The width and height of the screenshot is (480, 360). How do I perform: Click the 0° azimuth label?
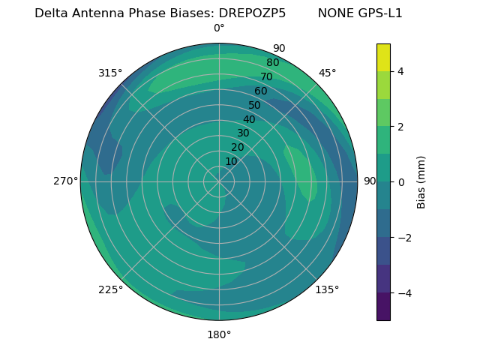219,28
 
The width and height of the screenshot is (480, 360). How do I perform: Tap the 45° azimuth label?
327,73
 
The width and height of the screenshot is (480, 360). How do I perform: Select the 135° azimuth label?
327,289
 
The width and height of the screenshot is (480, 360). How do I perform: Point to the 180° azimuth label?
219,334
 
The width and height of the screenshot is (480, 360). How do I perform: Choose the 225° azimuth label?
110,289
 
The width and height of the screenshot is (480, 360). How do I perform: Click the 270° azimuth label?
65,181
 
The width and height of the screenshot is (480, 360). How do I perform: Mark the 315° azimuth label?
110,73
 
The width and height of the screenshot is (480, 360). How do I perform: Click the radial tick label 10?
231,161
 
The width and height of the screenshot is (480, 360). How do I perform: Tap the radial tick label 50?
255,105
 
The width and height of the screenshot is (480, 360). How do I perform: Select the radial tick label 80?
273,62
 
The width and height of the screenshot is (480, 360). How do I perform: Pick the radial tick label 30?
243,133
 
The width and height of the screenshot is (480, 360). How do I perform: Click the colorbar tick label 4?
400,71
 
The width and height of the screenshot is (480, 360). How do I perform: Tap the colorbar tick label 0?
400,182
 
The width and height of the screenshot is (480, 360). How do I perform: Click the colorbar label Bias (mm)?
421,182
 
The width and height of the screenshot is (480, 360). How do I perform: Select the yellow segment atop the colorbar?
383,58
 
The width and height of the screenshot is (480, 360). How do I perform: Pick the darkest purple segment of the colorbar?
383,306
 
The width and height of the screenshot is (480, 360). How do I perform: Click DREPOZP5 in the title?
252,13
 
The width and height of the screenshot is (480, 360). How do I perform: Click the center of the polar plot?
219,181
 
